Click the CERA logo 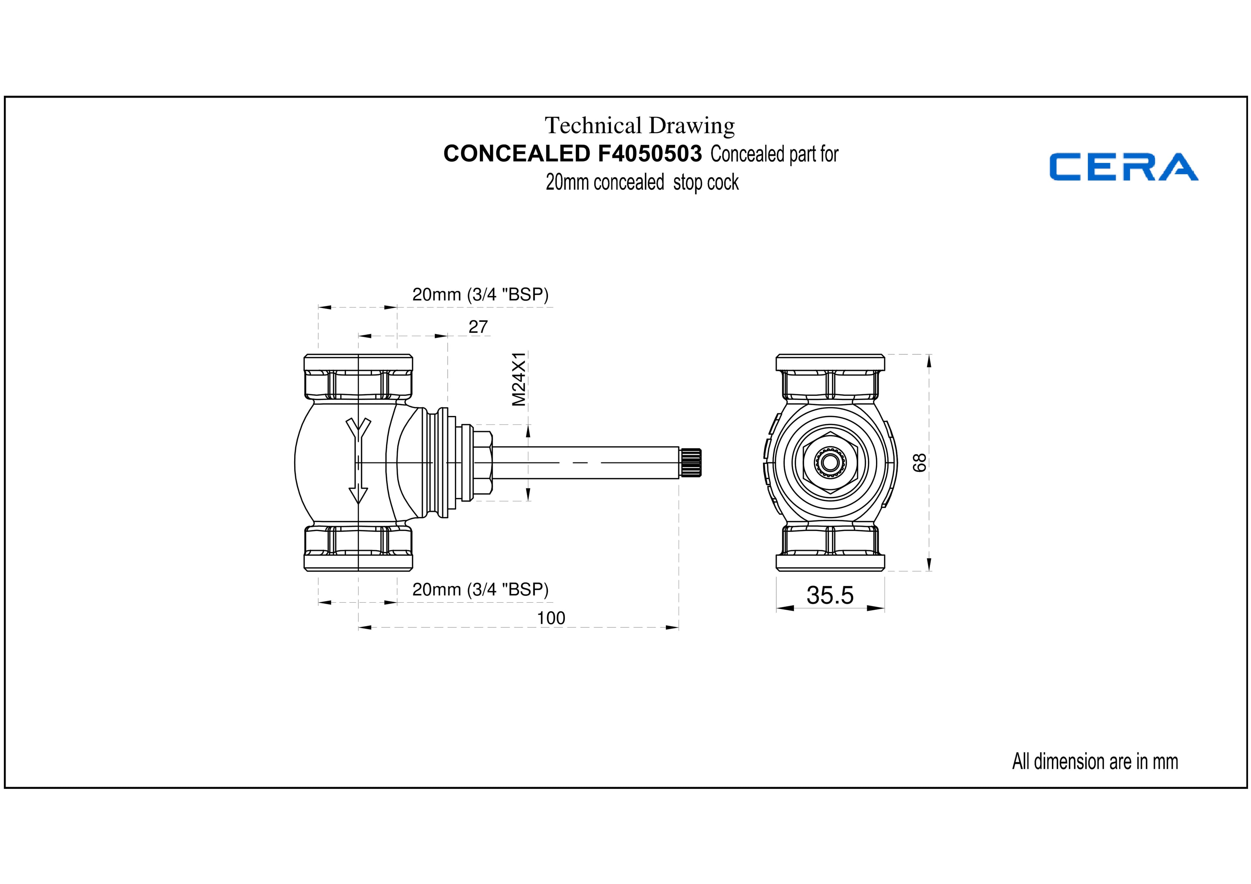tap(1124, 167)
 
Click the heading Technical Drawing tap(640, 125)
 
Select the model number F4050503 tap(650, 154)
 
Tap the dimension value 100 tap(551, 618)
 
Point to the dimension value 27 tap(478, 327)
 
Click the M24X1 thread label tap(519, 378)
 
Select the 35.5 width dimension tap(830, 595)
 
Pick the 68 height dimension tap(919, 463)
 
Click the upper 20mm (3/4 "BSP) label tap(480, 295)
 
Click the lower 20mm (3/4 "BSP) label tap(480, 590)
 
